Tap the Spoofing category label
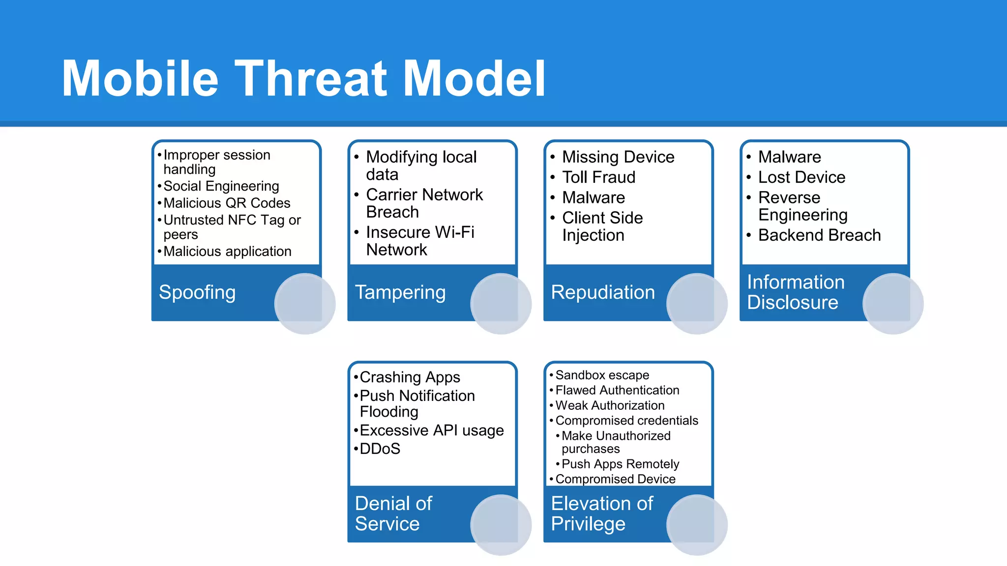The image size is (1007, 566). click(197, 292)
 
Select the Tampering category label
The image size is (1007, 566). click(400, 292)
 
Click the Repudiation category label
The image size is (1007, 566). click(603, 292)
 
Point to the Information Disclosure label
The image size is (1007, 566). click(795, 292)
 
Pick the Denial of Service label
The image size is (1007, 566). click(393, 513)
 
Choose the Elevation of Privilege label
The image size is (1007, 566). click(602, 513)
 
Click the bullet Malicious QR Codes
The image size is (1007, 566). click(227, 203)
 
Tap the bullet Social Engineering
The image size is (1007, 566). click(221, 186)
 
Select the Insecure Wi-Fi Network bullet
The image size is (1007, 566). click(419, 241)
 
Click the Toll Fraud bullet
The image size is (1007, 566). click(598, 177)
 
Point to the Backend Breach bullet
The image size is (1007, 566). click(819, 235)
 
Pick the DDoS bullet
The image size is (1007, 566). click(380, 449)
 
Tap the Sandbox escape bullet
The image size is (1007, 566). click(602, 375)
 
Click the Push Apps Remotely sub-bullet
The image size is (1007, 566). click(620, 464)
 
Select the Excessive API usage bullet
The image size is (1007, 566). click(431, 430)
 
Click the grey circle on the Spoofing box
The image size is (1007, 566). click(305, 304)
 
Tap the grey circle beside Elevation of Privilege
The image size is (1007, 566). click(697, 525)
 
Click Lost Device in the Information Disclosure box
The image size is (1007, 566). click(801, 177)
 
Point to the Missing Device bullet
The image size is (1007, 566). click(618, 157)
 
